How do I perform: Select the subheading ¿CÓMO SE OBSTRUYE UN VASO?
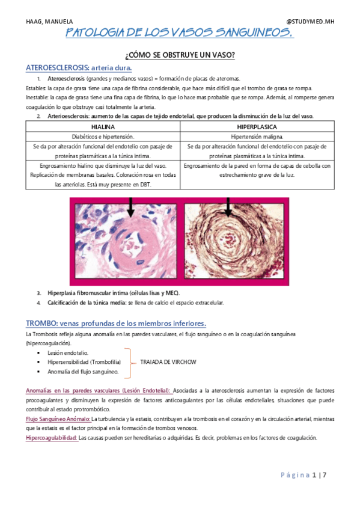coord(179,55)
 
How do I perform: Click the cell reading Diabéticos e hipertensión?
coord(103,137)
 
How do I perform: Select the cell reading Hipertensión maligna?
coord(257,137)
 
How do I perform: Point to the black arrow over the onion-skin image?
coord(228,208)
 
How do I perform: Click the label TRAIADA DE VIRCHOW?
coord(168,362)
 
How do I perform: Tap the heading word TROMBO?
coord(42,322)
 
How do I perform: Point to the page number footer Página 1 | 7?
coord(303,475)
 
